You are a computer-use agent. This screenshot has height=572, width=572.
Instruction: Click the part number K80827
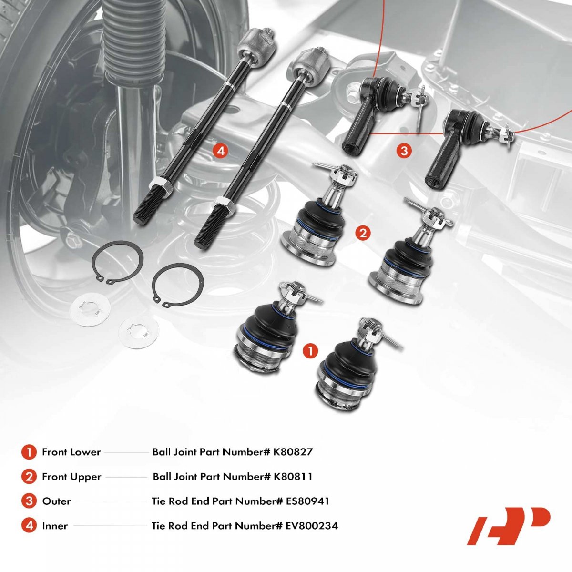(x=293, y=452)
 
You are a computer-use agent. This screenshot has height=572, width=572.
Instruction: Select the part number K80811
(x=293, y=477)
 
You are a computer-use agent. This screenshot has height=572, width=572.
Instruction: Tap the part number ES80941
(x=307, y=501)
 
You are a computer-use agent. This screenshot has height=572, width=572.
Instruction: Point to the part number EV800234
(x=312, y=526)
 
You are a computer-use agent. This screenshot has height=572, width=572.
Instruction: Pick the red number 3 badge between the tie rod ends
(x=404, y=151)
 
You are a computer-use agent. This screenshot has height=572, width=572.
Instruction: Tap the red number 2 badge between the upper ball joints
(x=363, y=233)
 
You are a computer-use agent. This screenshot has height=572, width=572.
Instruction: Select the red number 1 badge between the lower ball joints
(x=310, y=351)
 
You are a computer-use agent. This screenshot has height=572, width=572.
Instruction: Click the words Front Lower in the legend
(x=71, y=452)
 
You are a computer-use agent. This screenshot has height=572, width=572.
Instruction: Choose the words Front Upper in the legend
(x=71, y=477)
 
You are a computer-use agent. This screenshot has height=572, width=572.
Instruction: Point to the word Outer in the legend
(x=56, y=501)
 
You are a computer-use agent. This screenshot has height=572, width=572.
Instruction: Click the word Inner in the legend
(x=55, y=526)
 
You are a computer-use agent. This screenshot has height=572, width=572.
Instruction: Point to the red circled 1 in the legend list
(x=29, y=452)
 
